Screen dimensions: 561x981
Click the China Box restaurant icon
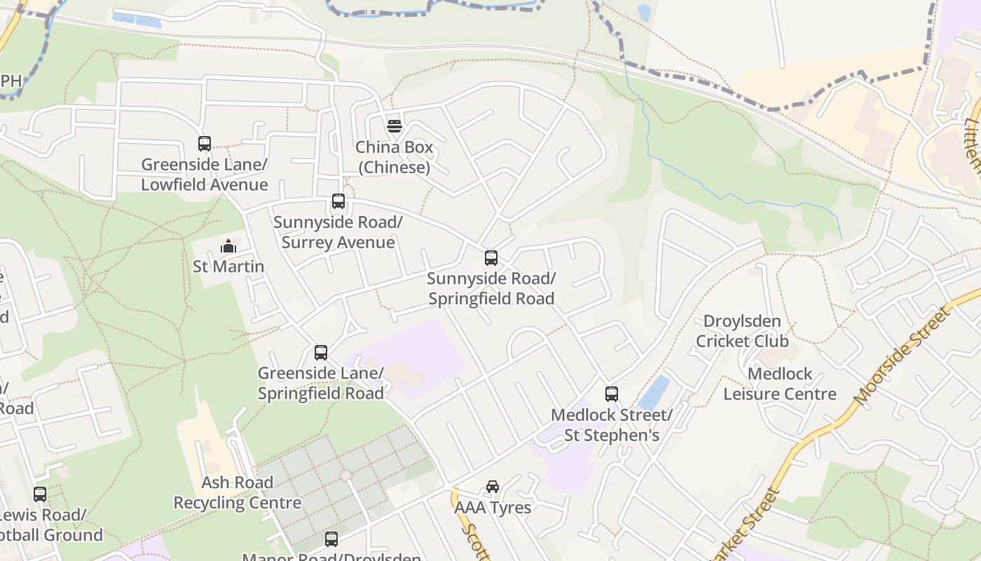[x=395, y=126]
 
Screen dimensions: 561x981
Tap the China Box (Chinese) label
[x=394, y=157]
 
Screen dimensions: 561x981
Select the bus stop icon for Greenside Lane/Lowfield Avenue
[x=205, y=144]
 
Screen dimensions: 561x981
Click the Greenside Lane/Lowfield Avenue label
[x=205, y=175]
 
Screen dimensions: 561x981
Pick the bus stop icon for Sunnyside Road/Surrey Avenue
[x=338, y=201]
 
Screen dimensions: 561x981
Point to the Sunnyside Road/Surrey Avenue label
[x=338, y=232]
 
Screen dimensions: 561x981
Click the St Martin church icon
[x=228, y=246]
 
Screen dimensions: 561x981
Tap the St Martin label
[x=228, y=266]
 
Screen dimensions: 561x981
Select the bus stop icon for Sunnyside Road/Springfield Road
[x=491, y=257]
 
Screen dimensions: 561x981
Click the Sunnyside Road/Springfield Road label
[x=491, y=288]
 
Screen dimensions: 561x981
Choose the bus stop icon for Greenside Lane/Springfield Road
[x=321, y=352]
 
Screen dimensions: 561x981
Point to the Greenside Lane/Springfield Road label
[x=321, y=383]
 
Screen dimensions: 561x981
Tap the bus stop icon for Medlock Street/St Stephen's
[x=612, y=393]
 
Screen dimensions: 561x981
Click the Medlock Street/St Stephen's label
[x=612, y=424]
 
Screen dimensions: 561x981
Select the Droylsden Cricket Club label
[x=742, y=331]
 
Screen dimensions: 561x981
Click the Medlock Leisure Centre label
[x=780, y=384]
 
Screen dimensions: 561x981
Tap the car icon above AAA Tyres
[x=493, y=487]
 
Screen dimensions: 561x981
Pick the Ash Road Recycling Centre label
[x=238, y=492]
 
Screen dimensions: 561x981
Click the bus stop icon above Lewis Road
[x=40, y=494]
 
